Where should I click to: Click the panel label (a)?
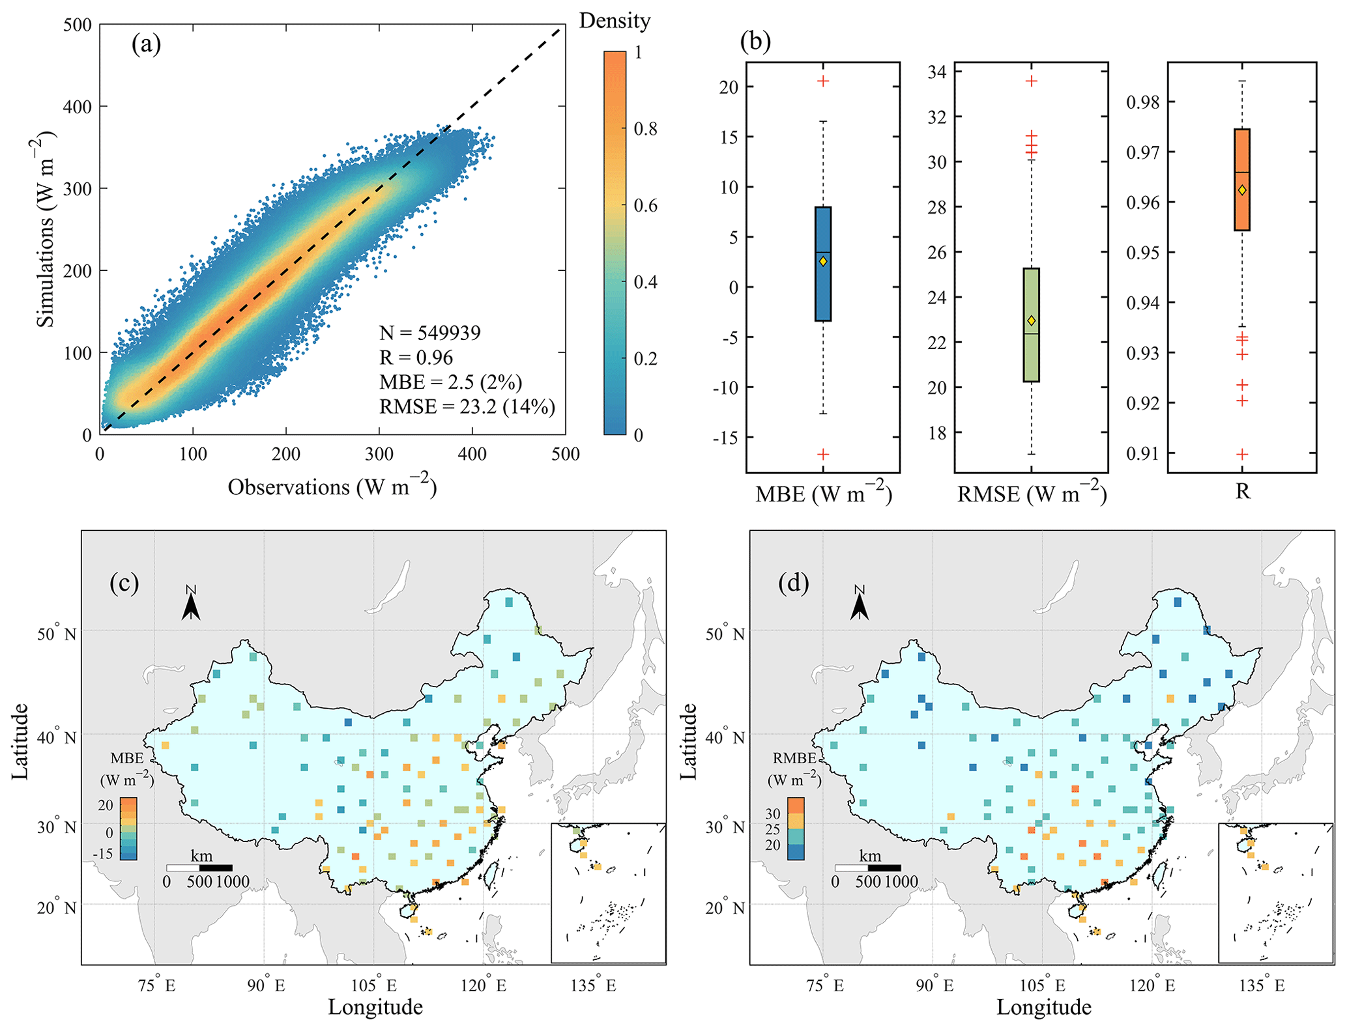146,44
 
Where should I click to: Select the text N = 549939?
429,333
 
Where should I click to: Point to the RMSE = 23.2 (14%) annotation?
467,406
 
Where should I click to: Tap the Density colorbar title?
615,21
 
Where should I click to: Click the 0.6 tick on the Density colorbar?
646,205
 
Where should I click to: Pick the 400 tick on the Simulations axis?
77,106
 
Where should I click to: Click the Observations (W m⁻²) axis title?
332,487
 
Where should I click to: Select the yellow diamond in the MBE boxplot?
823,261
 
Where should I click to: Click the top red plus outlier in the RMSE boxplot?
1031,81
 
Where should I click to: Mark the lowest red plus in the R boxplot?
1242,454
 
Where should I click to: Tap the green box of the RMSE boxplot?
1031,325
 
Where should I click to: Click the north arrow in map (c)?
191,604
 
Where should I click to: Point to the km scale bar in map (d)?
868,868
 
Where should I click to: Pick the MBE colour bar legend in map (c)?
128,828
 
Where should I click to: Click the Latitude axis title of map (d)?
688,741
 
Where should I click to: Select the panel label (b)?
755,41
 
